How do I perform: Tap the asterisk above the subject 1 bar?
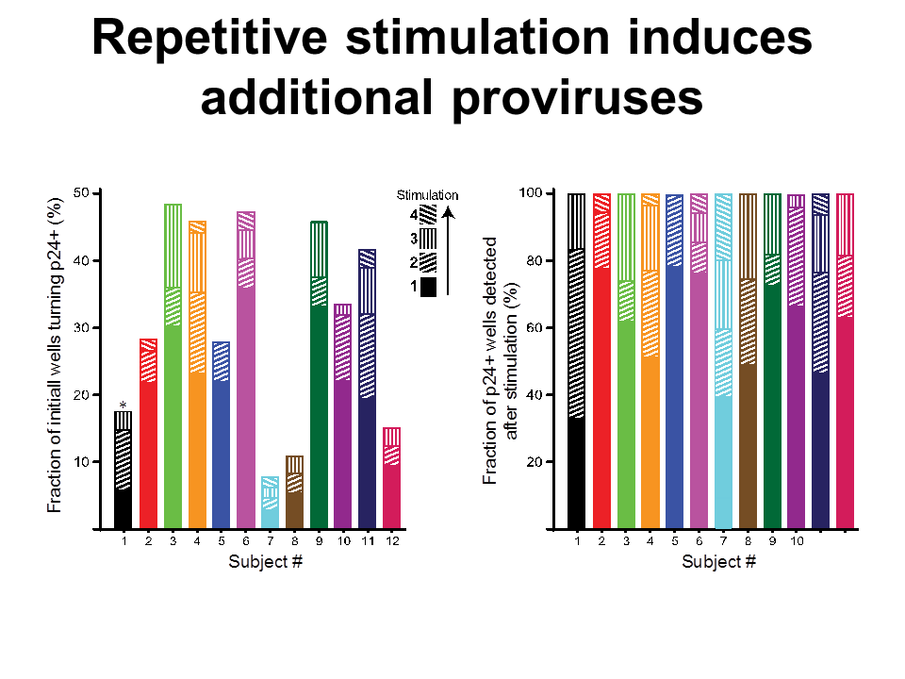[123, 405]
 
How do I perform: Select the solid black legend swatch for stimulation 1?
[428, 284]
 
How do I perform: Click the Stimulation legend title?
[427, 195]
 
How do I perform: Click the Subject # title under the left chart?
[265, 563]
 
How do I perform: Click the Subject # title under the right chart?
[718, 563]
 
